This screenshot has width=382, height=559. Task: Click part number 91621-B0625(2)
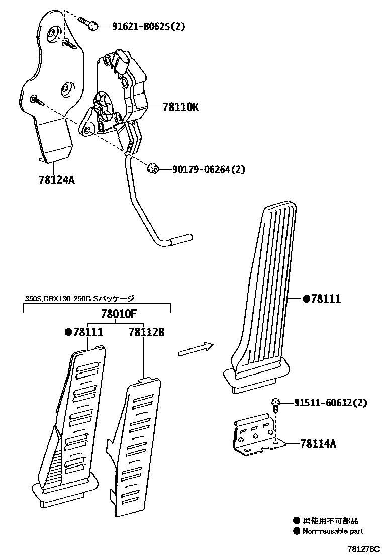(x=141, y=26)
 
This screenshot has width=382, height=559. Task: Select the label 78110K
(x=180, y=107)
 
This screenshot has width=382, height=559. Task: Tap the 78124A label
(x=56, y=179)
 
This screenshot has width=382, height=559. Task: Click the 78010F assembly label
(x=119, y=314)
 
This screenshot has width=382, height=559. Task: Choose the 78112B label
(x=146, y=332)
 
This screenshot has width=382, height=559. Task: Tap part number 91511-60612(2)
(x=330, y=403)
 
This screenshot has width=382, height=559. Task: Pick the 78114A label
(x=318, y=443)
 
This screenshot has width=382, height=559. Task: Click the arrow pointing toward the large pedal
(x=196, y=349)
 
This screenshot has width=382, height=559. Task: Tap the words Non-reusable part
(x=332, y=531)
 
